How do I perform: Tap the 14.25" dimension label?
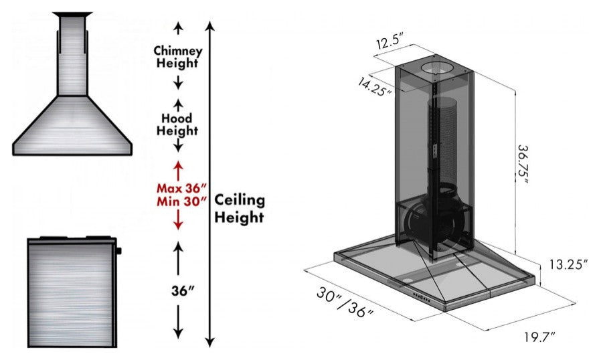375,87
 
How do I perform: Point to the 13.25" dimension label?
568,264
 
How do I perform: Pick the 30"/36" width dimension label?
345,302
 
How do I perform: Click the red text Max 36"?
182,188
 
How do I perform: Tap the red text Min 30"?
182,201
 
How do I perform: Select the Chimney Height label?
177,56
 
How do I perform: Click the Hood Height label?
177,124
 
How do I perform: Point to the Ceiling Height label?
239,209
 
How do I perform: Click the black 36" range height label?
183,291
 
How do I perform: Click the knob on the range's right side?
118,251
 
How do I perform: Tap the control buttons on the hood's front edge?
420,297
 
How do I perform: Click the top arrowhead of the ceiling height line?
210,26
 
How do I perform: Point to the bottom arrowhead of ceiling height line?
209,343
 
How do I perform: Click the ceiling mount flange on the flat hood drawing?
72,15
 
